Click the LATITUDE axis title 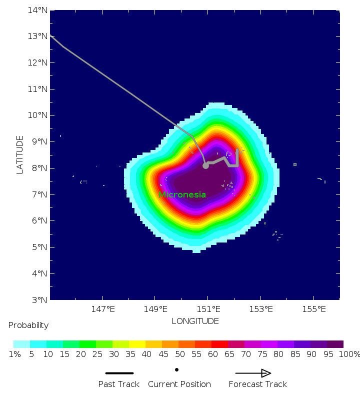(20, 154)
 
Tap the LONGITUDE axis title (195, 321)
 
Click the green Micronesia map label (182, 194)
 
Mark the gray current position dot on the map (205, 165)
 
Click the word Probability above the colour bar (28, 325)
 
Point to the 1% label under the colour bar (14, 354)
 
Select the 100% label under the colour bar (349, 354)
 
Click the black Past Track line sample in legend (119, 373)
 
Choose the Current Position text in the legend (179, 384)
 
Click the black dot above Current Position (176, 369)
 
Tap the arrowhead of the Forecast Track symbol (266, 373)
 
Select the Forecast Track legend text (257, 384)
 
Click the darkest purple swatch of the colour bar (335, 344)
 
